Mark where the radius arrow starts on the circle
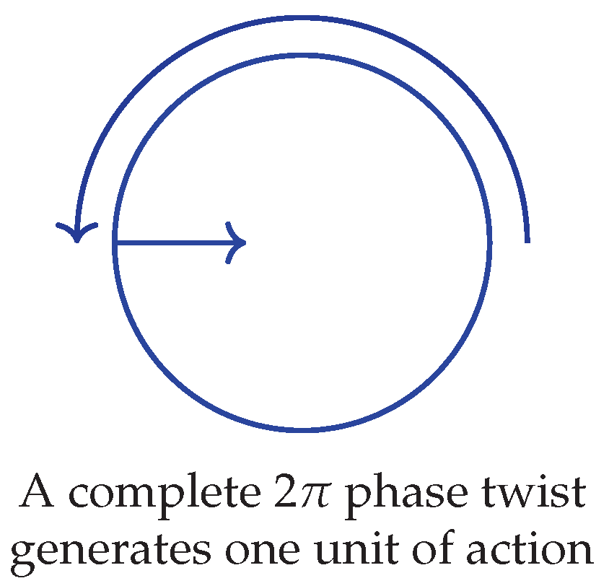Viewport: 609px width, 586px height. pyautogui.click(x=114, y=242)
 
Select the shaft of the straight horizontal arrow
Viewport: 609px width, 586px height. pyautogui.click(x=173, y=242)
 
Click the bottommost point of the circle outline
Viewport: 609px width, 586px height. pyautogui.click(x=302, y=431)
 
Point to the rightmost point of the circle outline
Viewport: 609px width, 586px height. pyautogui.click(x=491, y=242)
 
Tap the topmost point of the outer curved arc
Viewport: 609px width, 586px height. pyautogui.click(x=302, y=17)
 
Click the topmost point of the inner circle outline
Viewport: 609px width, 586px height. pyautogui.click(x=302, y=53)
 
